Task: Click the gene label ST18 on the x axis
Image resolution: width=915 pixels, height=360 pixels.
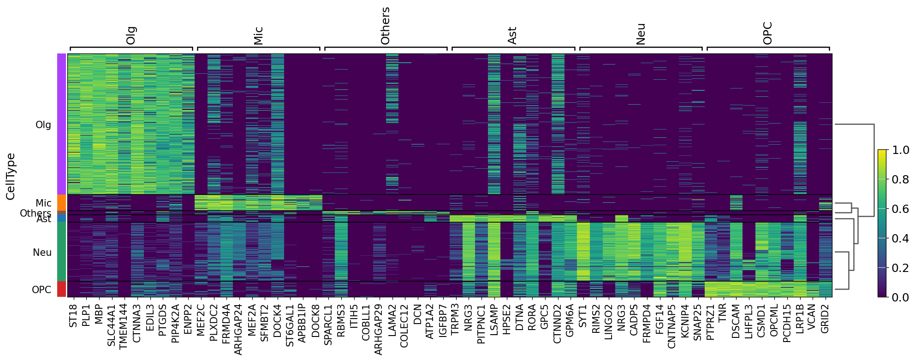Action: [73, 316]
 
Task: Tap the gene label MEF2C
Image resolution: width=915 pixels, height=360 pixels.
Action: [201, 319]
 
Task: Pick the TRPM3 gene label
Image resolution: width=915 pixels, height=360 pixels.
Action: [455, 320]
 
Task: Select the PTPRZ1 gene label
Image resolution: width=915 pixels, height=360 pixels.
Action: [710, 322]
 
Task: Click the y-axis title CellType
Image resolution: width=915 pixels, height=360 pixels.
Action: [11, 177]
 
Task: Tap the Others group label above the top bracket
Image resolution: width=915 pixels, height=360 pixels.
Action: [385, 26]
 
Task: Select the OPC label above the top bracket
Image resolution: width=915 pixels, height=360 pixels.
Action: [767, 33]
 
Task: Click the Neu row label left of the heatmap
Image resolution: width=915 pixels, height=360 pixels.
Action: [42, 253]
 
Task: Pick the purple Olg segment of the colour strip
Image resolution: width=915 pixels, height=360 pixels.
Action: [62, 124]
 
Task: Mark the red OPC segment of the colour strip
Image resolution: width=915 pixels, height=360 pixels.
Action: [62, 289]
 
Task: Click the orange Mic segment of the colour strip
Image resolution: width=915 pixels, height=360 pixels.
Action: [62, 203]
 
